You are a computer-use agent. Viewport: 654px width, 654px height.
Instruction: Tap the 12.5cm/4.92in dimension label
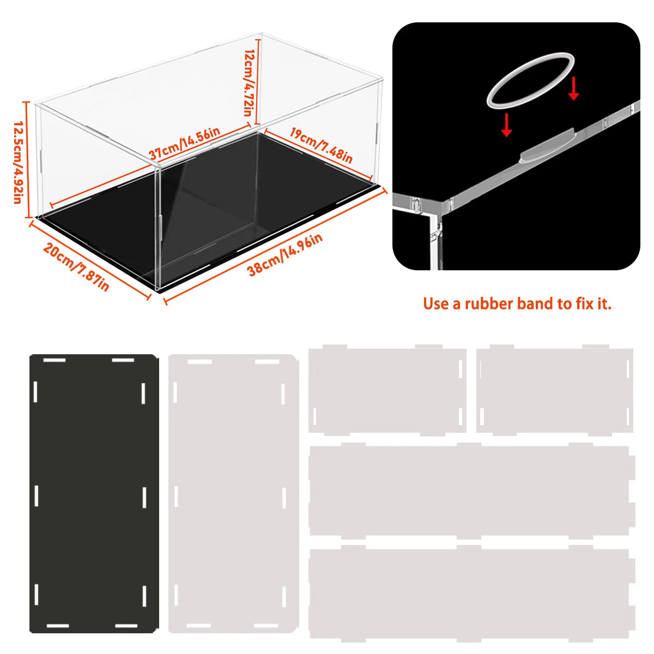[16, 161]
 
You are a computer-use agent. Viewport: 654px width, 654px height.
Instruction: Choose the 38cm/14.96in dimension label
[285, 254]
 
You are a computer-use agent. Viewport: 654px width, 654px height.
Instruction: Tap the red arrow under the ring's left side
[507, 125]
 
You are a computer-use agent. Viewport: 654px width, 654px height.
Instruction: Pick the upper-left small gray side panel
[387, 389]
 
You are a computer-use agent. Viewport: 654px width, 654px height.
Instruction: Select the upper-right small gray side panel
[555, 389]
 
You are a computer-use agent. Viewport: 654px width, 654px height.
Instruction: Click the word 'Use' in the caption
[435, 304]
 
